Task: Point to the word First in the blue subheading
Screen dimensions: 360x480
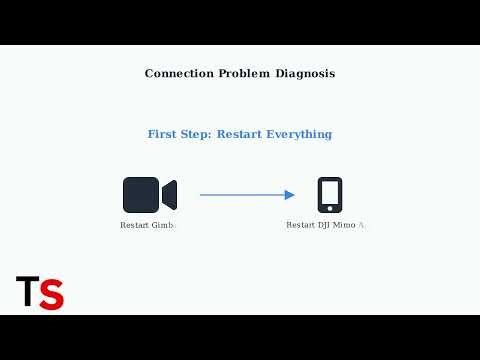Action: [164, 134]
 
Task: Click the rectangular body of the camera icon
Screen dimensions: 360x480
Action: [141, 195]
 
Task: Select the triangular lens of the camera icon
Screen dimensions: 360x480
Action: [170, 195]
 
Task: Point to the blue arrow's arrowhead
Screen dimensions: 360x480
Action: [290, 195]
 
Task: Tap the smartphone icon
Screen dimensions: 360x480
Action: [329, 195]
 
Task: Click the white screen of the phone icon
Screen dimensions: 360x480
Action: [329, 193]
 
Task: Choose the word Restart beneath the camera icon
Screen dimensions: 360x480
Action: [134, 226]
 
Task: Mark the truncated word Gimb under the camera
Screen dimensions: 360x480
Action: [162, 226]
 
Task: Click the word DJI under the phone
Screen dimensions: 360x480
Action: [326, 226]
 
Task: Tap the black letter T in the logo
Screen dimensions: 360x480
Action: [27, 292]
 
